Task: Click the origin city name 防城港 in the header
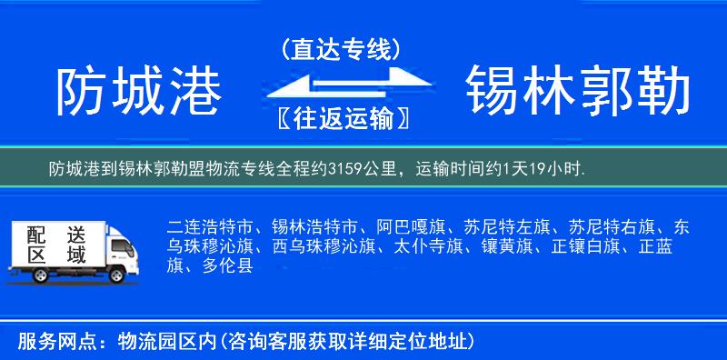click(x=138, y=92)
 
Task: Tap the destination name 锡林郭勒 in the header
click(x=578, y=92)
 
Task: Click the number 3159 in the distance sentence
click(x=344, y=169)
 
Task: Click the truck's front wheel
click(x=117, y=273)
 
